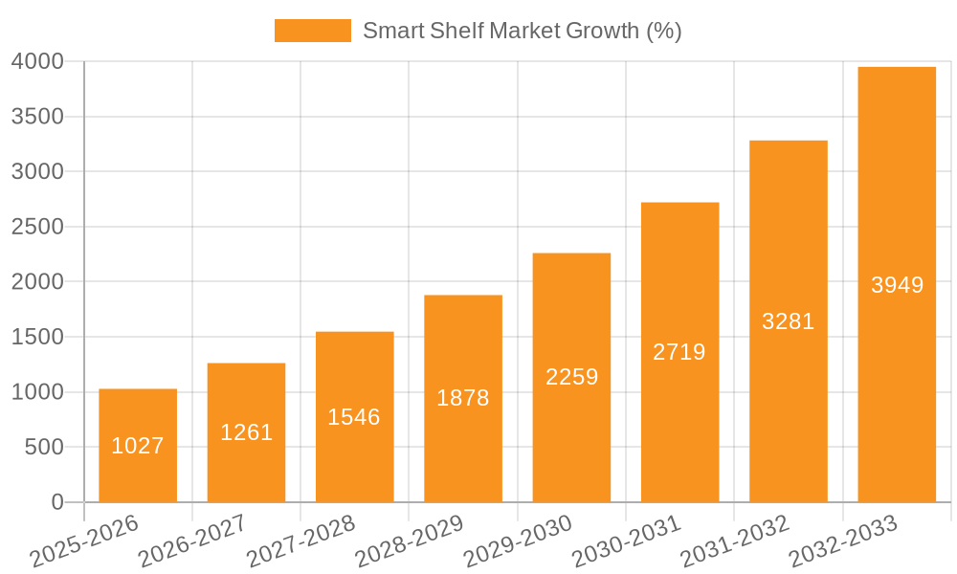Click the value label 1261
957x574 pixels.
pyautogui.click(x=247, y=432)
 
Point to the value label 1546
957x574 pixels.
pyautogui.click(x=354, y=417)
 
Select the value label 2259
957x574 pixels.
pyautogui.click(x=572, y=377)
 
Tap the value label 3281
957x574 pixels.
pyautogui.click(x=789, y=321)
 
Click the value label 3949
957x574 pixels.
pyautogui.click(x=898, y=285)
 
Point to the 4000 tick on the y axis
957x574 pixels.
pyautogui.click(x=37, y=62)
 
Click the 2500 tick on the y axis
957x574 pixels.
pyautogui.click(x=37, y=228)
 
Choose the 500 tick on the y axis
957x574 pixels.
pyautogui.click(x=44, y=448)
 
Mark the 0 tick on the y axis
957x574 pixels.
pyautogui.click(x=57, y=502)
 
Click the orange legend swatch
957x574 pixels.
pyautogui.click(x=313, y=31)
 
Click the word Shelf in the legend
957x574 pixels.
pyautogui.click(x=456, y=31)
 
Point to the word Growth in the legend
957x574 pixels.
pyautogui.click(x=602, y=31)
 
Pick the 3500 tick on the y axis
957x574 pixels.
pyautogui.click(x=37, y=117)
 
